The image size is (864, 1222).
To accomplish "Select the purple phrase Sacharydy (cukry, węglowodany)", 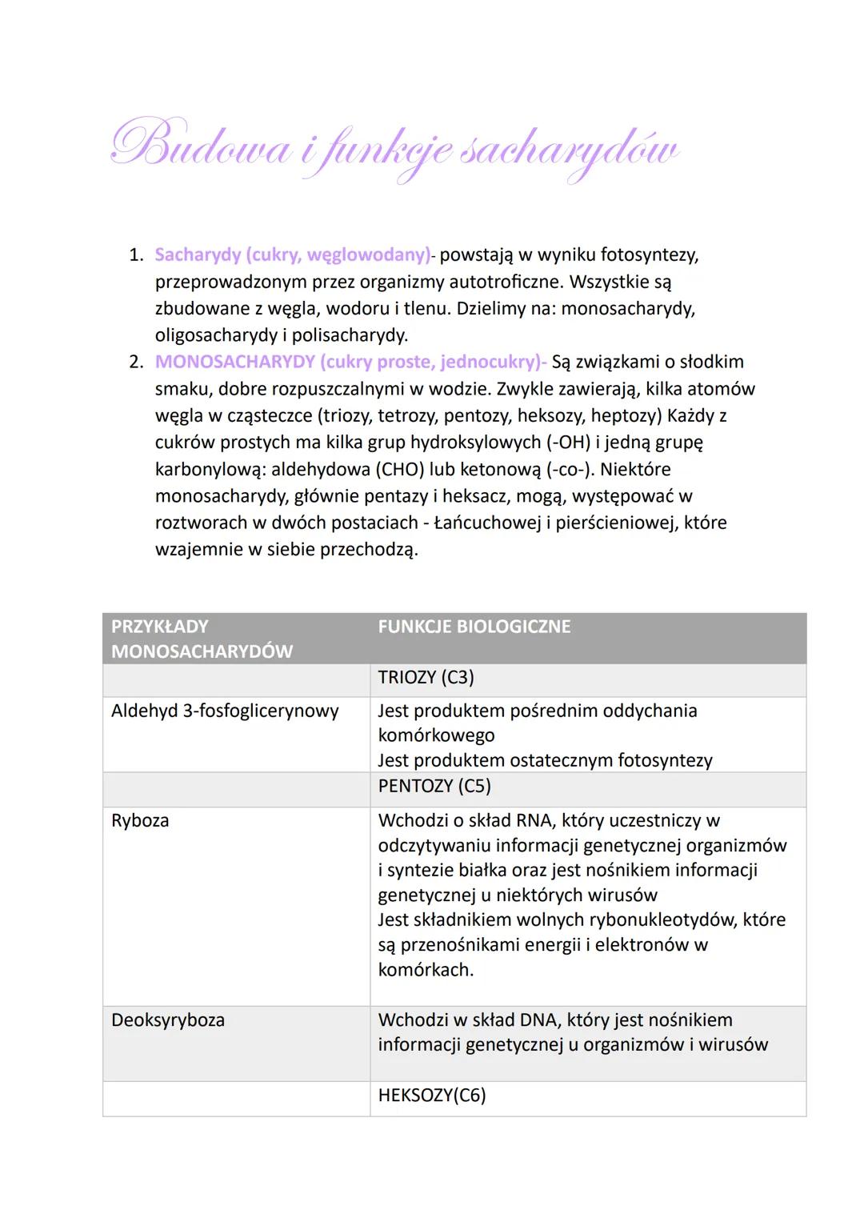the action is click(292, 254).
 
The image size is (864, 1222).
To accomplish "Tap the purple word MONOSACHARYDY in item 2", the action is click(234, 362).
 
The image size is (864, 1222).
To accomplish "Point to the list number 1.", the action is click(136, 254).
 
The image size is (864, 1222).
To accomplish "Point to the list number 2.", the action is click(136, 362).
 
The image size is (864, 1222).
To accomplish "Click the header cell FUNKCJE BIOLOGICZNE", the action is click(474, 626).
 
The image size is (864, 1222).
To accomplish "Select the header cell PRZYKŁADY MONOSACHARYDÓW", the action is click(202, 639).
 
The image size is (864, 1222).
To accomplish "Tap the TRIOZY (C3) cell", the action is click(426, 677).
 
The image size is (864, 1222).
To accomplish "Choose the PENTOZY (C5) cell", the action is click(434, 786).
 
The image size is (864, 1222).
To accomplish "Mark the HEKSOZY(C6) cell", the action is click(431, 1095).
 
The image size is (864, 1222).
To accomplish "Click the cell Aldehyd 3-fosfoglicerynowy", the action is click(225, 711).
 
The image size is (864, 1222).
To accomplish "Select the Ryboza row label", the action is click(140, 820).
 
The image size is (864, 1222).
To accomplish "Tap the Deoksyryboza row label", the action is click(168, 1020).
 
